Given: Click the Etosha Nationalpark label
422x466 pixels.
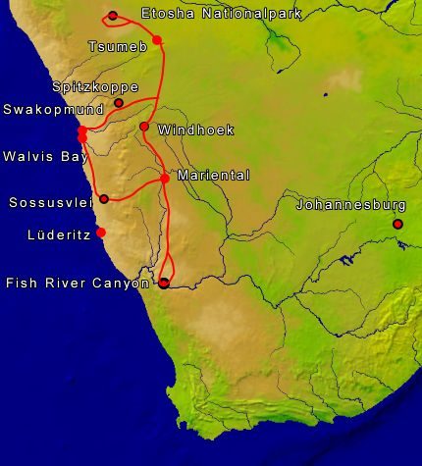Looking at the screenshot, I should pyautogui.click(x=221, y=15).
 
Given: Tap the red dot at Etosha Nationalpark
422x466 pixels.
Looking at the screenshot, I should pyautogui.click(x=114, y=16).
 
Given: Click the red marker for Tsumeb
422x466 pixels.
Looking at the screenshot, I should pyautogui.click(x=157, y=40).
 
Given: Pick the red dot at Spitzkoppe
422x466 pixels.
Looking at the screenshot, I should pyautogui.click(x=119, y=103).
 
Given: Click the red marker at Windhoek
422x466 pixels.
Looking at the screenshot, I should pyautogui.click(x=144, y=127).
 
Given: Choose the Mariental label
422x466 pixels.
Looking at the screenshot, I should pyautogui.click(x=214, y=175).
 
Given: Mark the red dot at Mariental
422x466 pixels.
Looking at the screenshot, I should pyautogui.click(x=165, y=178).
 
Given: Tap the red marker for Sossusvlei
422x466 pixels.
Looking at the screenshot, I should pyautogui.click(x=104, y=199).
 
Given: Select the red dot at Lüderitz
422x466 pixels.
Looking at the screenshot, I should pyautogui.click(x=101, y=233).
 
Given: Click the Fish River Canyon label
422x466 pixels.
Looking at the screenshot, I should pyautogui.click(x=77, y=283).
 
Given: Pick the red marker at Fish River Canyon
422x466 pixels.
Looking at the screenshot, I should pyautogui.click(x=164, y=283).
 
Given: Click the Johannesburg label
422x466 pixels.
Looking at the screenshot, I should pyautogui.click(x=351, y=205).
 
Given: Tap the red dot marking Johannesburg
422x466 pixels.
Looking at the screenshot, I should pyautogui.click(x=398, y=225).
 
